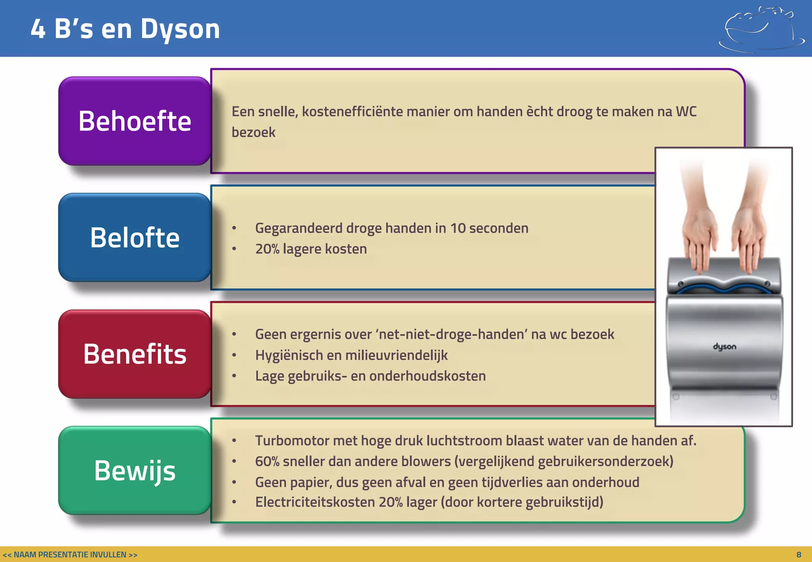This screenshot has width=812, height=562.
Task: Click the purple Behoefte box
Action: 134,121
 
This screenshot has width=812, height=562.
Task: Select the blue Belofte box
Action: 134,237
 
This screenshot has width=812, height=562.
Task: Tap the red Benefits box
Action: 134,354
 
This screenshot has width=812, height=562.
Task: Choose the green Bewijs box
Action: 134,470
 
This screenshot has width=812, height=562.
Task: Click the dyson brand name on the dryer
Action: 724,347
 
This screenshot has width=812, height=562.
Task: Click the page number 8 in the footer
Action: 799,555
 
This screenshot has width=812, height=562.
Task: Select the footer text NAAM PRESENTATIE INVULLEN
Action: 70,555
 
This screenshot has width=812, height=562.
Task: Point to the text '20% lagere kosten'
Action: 311,249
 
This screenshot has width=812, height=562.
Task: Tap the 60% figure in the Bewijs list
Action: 267,461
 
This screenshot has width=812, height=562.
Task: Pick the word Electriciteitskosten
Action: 315,502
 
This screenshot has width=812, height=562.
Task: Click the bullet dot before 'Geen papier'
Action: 234,482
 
